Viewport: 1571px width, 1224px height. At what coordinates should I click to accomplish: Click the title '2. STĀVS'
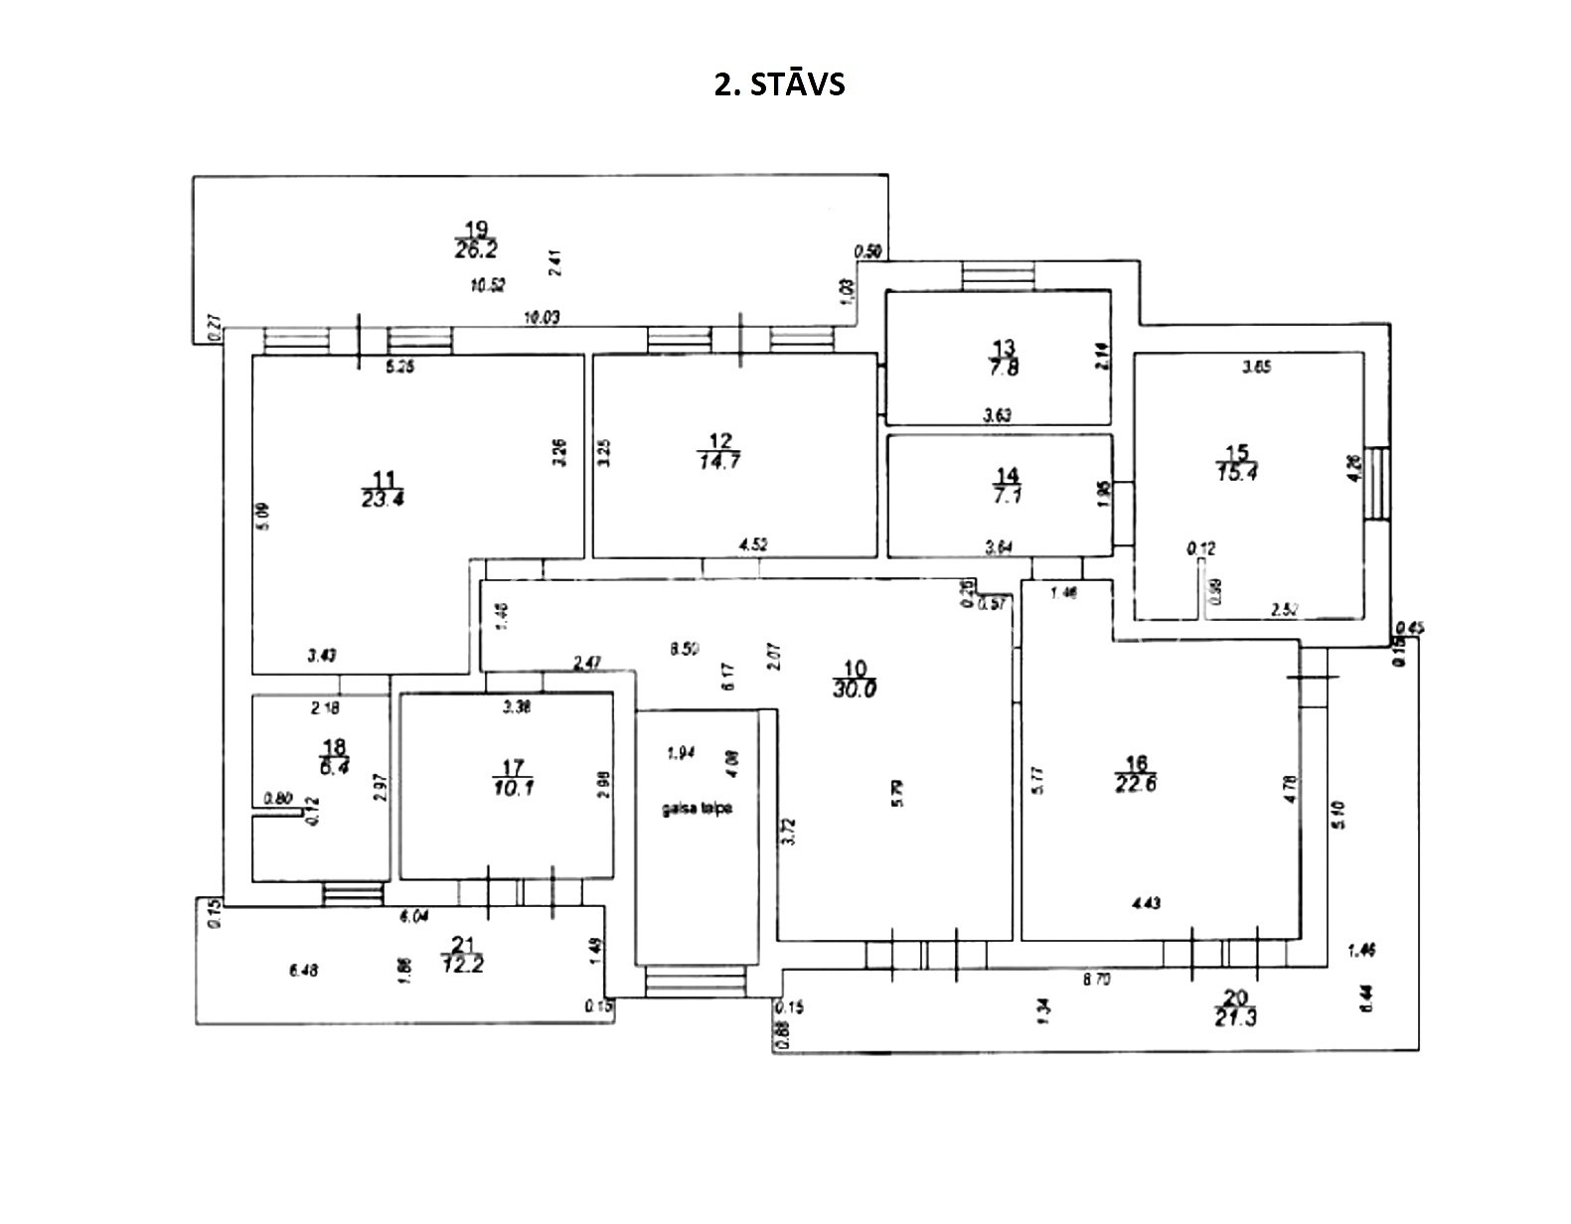click(779, 84)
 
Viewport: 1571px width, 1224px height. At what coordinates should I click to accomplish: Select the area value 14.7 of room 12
click(719, 461)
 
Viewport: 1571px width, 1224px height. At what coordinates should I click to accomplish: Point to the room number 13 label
click(1004, 348)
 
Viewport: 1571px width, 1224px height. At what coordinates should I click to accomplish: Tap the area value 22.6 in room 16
click(1137, 782)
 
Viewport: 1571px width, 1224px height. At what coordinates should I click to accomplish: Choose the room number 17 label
click(513, 767)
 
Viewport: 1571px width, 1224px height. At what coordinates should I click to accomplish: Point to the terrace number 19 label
click(476, 229)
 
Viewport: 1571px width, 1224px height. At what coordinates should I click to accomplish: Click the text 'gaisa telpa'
click(698, 809)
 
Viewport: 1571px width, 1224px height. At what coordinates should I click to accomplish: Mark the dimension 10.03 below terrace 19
click(543, 317)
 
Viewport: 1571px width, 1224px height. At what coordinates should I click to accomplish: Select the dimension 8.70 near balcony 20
click(1096, 980)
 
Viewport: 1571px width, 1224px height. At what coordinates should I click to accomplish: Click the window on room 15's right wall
click(1377, 484)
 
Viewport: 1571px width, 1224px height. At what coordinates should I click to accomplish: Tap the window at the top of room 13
click(999, 274)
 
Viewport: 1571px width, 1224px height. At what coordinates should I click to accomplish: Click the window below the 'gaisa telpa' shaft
click(695, 983)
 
